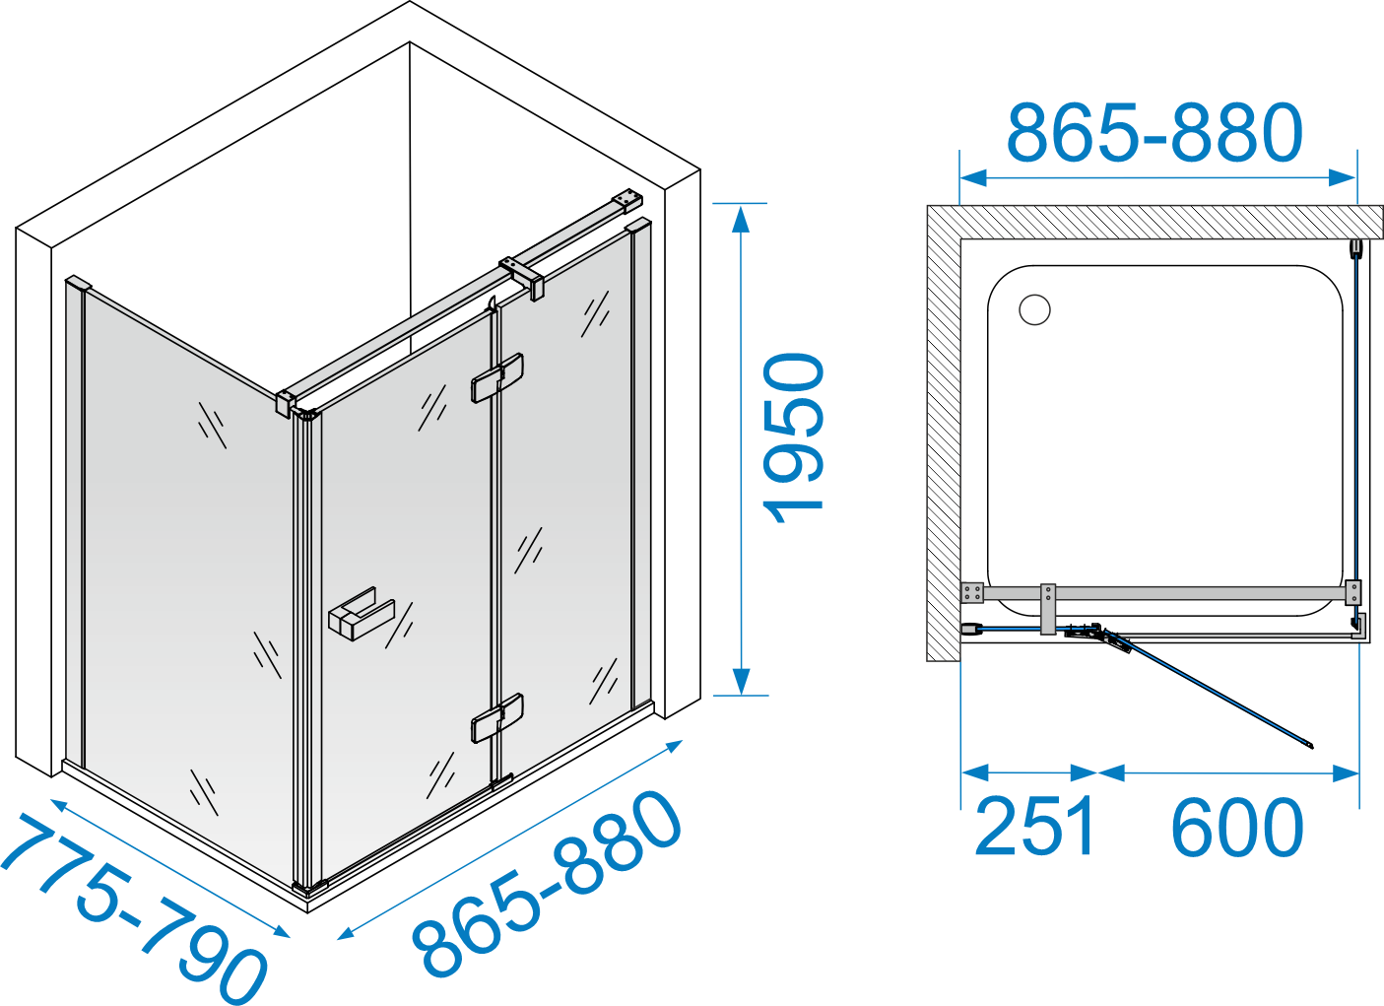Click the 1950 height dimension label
pyautogui.click(x=793, y=437)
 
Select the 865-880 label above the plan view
pyautogui.click(x=1154, y=133)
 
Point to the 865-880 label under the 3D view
pyautogui.click(x=546, y=884)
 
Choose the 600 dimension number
pyautogui.click(x=1237, y=827)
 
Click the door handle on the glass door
pyautogui.click(x=362, y=614)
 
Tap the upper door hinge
pyautogui.click(x=497, y=378)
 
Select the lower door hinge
pyautogui.click(x=497, y=718)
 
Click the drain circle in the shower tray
pyautogui.click(x=1035, y=309)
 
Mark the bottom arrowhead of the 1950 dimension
pyautogui.click(x=740, y=682)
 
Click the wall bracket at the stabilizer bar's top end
pyautogui.click(x=627, y=201)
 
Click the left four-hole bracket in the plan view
pyautogui.click(x=972, y=592)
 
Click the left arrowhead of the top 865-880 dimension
pyautogui.click(x=973, y=178)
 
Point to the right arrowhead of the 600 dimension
pyautogui.click(x=1346, y=773)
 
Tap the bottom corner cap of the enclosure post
pyautogui.click(x=309, y=888)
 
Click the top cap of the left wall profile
pyautogui.click(x=78, y=283)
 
